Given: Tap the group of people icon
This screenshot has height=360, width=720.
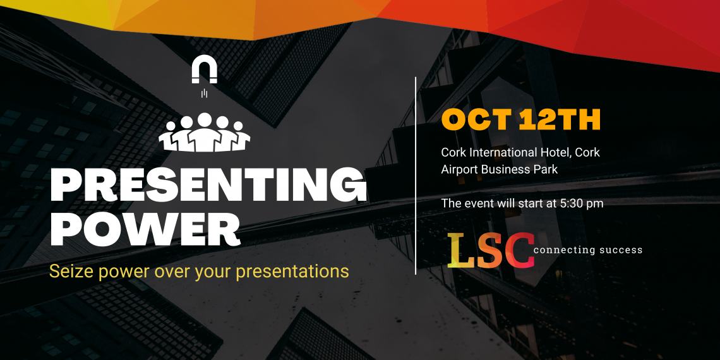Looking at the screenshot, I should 204,132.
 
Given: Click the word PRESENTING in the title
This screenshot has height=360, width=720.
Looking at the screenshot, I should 208,186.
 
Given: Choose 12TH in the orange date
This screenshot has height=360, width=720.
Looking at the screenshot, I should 559,120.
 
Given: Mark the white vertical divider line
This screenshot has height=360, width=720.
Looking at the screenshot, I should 416,176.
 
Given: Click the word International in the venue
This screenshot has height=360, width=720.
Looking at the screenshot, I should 500,152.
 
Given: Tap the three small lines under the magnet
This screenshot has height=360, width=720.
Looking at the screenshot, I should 204,93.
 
